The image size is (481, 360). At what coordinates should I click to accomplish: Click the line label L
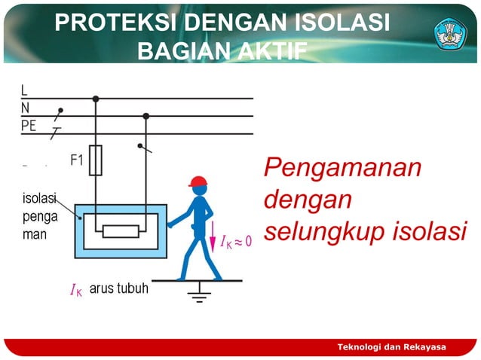click(x=24, y=91)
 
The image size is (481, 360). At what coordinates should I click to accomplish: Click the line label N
click(x=25, y=108)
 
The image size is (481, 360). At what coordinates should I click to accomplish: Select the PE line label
click(x=29, y=126)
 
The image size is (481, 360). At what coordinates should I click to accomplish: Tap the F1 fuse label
click(x=77, y=160)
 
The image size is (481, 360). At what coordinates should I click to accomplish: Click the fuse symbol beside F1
click(x=96, y=160)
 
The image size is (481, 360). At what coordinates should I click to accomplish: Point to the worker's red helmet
click(x=198, y=182)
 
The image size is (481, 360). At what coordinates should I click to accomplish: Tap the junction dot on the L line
click(x=96, y=99)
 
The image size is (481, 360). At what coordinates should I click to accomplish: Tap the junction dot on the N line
click(x=146, y=116)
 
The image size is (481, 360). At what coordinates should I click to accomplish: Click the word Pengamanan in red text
click(x=342, y=168)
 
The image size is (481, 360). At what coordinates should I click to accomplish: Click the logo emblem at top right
click(x=450, y=33)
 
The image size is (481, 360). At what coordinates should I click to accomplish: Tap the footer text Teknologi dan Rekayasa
click(x=391, y=346)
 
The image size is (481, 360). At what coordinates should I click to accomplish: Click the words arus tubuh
click(x=118, y=288)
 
